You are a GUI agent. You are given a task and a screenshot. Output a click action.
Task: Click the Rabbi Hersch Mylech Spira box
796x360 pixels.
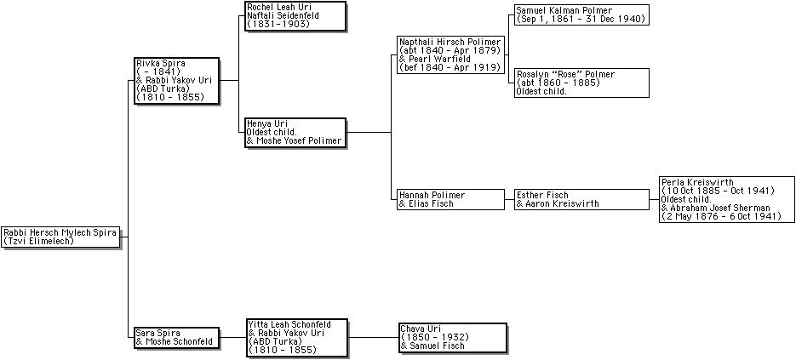[60, 237]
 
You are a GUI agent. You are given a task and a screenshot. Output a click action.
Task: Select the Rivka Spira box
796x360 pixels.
[175, 81]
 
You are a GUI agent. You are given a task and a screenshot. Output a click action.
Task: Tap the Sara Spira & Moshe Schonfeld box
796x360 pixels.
[175, 337]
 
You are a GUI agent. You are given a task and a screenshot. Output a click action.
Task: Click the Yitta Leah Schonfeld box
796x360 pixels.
[296, 337]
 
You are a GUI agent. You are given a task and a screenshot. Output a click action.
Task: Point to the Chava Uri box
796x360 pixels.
[452, 337]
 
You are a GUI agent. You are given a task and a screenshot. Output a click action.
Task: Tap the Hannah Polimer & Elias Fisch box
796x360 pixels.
[450, 199]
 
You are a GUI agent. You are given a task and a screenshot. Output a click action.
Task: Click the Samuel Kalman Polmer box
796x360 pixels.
[581, 14]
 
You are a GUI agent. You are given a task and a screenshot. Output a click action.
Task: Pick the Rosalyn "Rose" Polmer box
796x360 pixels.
[581, 83]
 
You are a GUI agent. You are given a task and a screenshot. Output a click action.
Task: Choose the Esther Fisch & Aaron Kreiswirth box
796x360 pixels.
[581, 199]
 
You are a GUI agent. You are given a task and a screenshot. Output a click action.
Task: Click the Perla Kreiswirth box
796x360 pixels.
[721, 199]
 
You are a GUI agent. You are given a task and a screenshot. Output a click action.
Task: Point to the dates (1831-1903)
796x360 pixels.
[278, 24]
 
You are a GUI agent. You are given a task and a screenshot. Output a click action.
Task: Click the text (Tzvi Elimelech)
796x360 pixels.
[39, 241]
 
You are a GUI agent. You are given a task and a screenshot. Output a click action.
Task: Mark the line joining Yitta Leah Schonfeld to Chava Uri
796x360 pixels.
[373, 337]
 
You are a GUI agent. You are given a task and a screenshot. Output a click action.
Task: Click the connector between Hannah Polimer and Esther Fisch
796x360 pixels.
[508, 199]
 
